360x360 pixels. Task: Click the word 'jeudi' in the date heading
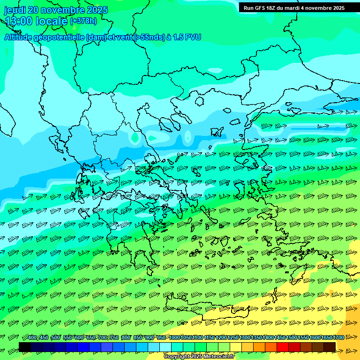(x=15, y=10)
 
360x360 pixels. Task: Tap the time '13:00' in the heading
(x=19, y=21)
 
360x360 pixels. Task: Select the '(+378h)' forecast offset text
(x=83, y=21)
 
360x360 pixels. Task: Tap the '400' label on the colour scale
(x=32, y=337)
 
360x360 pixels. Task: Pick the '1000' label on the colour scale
(x=174, y=337)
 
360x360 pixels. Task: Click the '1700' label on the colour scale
(x=338, y=337)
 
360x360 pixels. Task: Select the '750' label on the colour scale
(x=114, y=337)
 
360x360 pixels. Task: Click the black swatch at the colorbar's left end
(x=25, y=346)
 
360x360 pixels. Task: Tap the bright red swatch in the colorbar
(x=282, y=346)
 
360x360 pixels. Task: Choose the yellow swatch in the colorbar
(x=236, y=346)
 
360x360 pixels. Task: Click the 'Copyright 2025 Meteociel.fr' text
(x=199, y=356)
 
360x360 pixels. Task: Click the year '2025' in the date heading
(x=97, y=10)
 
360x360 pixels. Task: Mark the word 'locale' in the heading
(x=52, y=21)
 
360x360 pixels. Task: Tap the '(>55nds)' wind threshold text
(x=149, y=37)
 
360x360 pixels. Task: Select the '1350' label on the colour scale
(x=256, y=337)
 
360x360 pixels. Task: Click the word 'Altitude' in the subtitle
(x=19, y=37)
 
